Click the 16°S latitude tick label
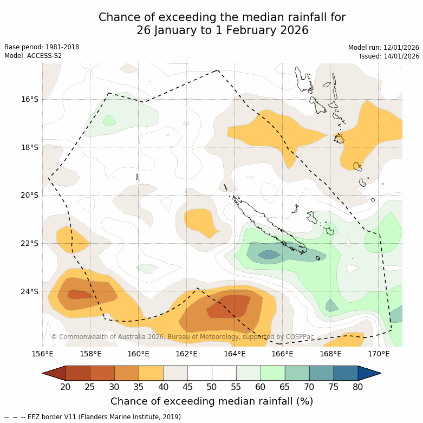(x=30, y=99)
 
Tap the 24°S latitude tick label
(x=30, y=291)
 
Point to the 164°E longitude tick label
(x=235, y=354)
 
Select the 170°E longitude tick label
(x=379, y=354)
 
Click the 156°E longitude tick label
(x=42, y=354)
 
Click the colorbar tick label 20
(x=66, y=387)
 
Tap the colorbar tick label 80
(x=357, y=387)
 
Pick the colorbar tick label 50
(x=212, y=387)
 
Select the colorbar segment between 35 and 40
(x=151, y=373)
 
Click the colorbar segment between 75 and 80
(x=346, y=373)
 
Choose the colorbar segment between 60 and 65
(x=272, y=373)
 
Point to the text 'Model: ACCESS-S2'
(x=33, y=56)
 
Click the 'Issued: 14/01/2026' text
(x=389, y=56)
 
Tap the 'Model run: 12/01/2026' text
(x=383, y=48)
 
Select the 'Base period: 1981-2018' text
(x=42, y=47)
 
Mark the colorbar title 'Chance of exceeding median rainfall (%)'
(x=212, y=401)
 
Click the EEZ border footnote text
(x=94, y=417)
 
